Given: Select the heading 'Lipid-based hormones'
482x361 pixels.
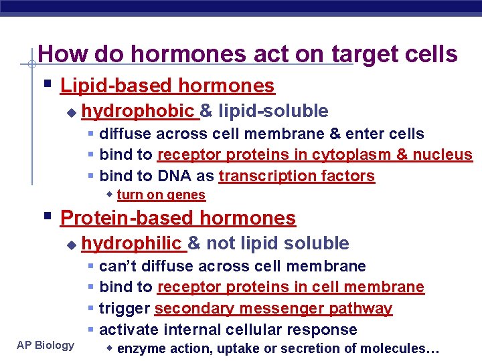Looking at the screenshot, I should [x=167, y=86].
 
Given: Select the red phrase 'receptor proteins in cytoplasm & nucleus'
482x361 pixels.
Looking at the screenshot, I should [x=315, y=155].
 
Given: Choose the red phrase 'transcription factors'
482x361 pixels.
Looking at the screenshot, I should [x=297, y=176].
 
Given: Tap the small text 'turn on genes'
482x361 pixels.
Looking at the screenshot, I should [x=161, y=195].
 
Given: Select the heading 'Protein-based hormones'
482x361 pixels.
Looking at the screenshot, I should [x=177, y=218].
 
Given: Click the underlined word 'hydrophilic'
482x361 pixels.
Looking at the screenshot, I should [x=133, y=243].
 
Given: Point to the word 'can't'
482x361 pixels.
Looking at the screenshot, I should [x=117, y=266].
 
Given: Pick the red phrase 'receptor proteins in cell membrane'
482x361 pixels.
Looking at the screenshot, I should [x=291, y=287].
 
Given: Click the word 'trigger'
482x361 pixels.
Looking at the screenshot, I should [x=125, y=308].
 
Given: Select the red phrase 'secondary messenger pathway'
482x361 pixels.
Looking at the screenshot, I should [x=273, y=308].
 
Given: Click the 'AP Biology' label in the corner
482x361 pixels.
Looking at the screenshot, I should [x=46, y=345].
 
